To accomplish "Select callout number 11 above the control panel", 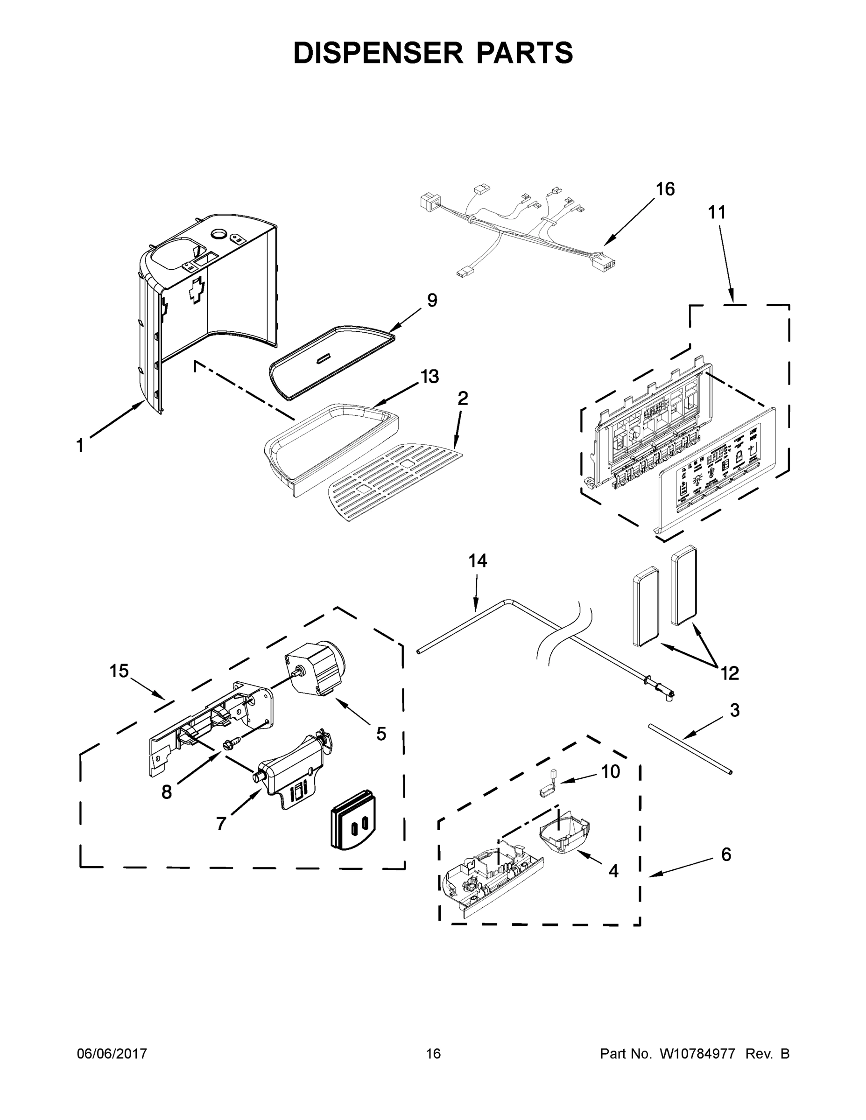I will (x=717, y=212).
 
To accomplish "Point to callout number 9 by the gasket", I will (x=432, y=301).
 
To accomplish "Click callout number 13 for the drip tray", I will (x=429, y=377).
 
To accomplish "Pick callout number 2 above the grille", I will (x=462, y=399).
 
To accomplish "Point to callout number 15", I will (x=119, y=671).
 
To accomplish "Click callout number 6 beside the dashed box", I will (x=726, y=854).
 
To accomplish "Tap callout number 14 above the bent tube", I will (x=478, y=561).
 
